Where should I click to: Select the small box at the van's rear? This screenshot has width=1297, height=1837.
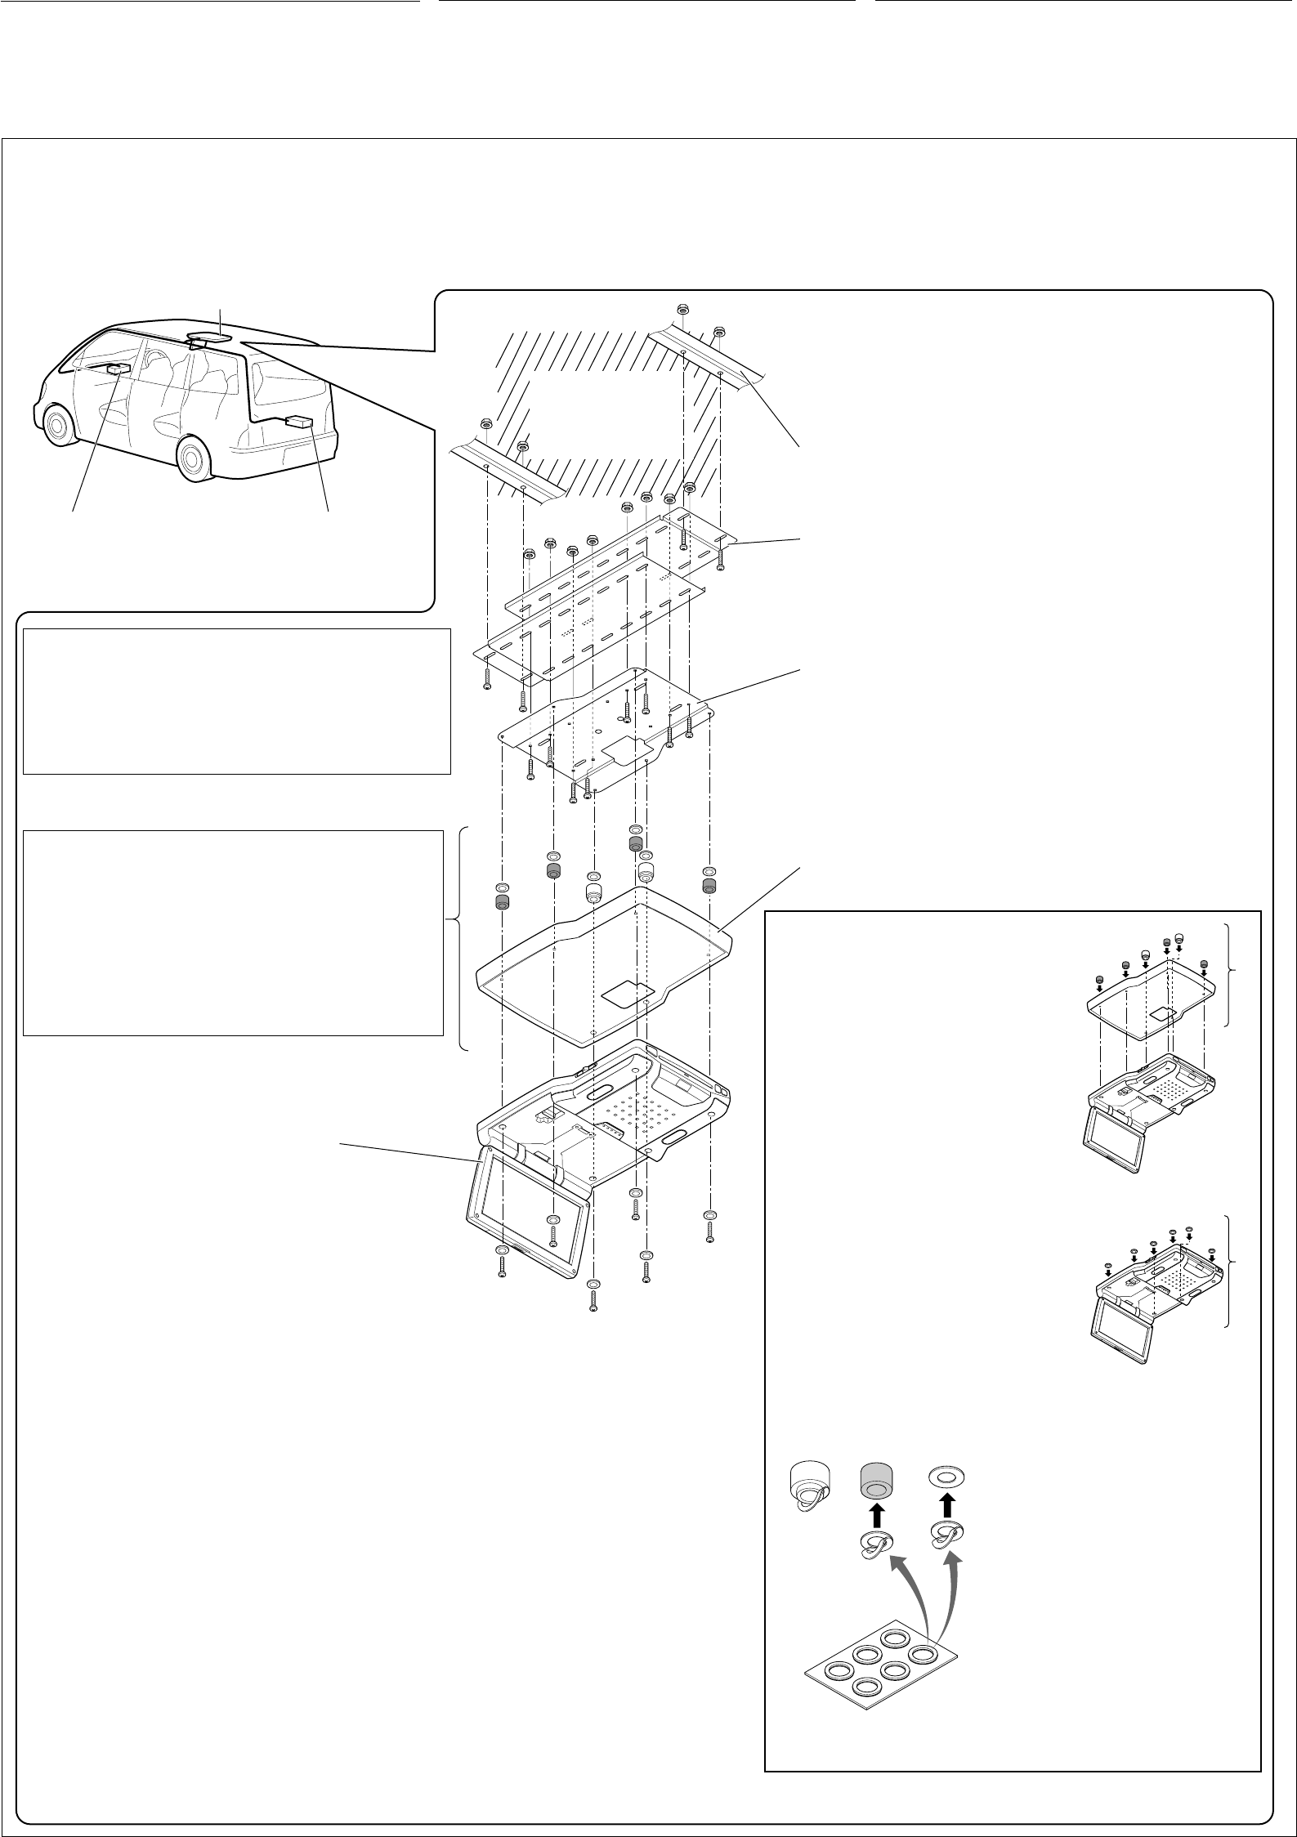coord(299,422)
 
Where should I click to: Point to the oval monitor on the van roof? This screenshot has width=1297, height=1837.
coord(208,336)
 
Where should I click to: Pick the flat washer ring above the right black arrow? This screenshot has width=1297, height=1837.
coord(947,1476)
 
